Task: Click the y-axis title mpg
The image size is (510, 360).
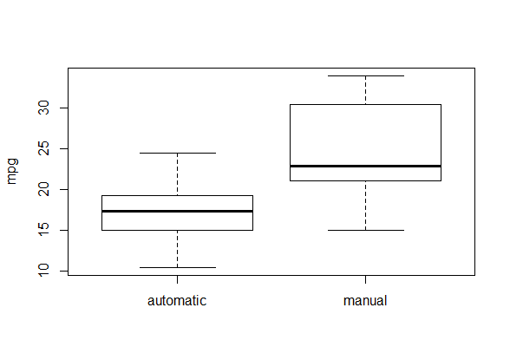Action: point(12,172)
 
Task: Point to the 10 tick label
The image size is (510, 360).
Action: point(43,271)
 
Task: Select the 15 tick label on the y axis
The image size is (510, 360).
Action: point(43,230)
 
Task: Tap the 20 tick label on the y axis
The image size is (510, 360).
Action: point(43,189)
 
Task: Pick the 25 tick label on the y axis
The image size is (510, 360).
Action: point(43,148)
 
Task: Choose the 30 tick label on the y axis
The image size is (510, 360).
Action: point(43,108)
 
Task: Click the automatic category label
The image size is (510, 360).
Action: point(177,300)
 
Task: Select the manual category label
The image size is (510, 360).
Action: point(365,300)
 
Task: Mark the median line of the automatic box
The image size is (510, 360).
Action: point(177,212)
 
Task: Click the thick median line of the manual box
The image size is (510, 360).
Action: point(366,167)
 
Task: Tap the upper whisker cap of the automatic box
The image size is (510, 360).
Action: point(177,153)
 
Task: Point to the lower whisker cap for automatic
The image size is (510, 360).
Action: point(177,268)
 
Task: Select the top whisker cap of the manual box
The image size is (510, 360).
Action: point(366,75)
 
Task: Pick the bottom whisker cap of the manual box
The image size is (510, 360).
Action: point(366,230)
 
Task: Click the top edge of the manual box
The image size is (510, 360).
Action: point(366,104)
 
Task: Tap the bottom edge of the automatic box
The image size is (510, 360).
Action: point(177,230)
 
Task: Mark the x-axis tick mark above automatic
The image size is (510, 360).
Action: point(177,279)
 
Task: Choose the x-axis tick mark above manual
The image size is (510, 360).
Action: point(366,279)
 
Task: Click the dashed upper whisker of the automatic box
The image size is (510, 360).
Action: point(177,174)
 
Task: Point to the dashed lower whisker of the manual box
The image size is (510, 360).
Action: point(366,206)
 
